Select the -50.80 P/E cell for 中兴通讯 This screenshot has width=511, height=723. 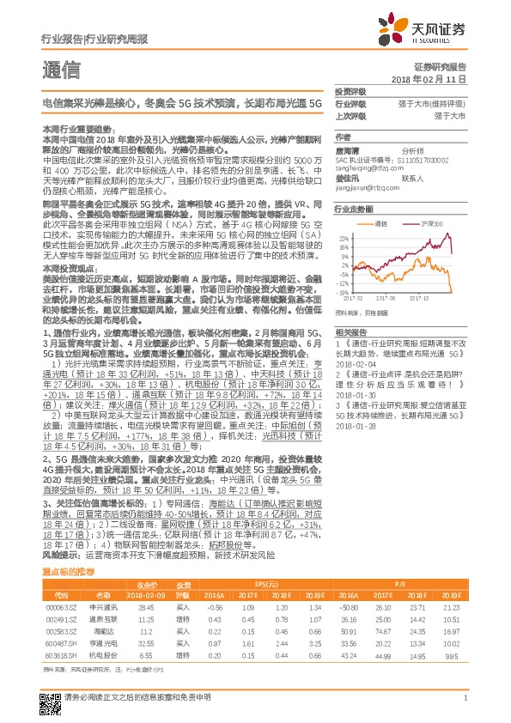click(349, 607)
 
